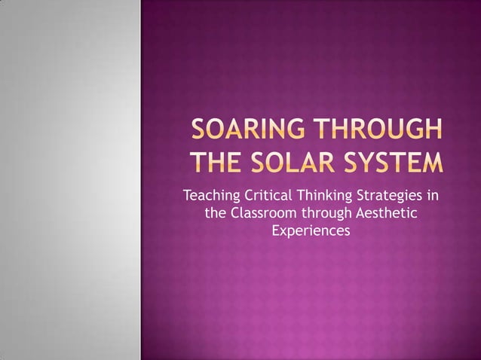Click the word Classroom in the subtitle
click(265, 214)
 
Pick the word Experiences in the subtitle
click(311, 230)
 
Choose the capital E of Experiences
click(276, 230)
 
